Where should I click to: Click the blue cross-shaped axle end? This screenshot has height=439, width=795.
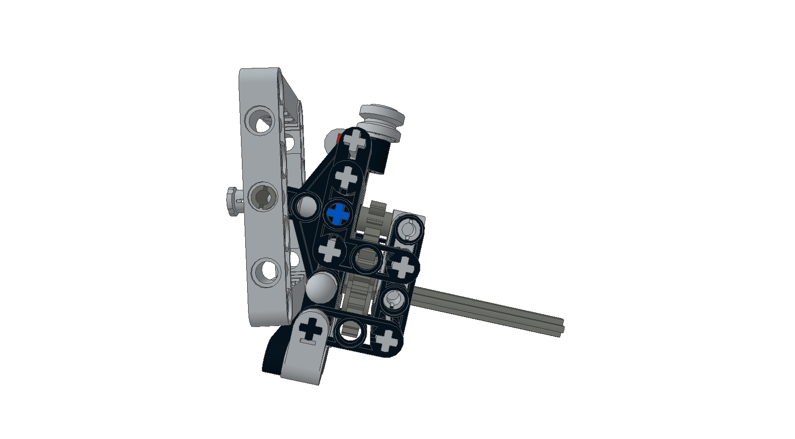338,214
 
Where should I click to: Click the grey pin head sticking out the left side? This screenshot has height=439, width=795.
232,201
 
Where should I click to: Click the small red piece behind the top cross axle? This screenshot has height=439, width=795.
339,139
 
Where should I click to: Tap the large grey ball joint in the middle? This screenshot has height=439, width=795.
321,287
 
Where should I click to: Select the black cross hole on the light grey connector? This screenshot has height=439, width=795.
311,329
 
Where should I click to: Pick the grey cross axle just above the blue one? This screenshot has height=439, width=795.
346,177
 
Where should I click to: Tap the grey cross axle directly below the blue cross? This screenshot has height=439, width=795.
331,250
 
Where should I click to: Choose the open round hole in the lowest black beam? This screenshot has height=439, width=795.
350,330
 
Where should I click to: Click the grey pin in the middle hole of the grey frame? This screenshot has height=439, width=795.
262,196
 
